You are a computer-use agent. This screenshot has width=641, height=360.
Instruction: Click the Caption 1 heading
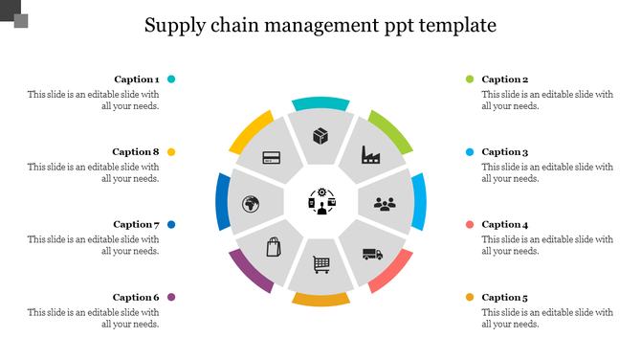tap(137, 79)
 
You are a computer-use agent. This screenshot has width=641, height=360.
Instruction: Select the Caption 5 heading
tap(504, 298)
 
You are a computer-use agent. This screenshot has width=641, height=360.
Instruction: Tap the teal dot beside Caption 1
tap(171, 79)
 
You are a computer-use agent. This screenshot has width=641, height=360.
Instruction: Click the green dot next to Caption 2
tap(470, 79)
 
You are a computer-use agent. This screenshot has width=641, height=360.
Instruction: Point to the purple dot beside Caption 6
tap(171, 298)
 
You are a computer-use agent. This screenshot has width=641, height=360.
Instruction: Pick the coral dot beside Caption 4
tap(470, 225)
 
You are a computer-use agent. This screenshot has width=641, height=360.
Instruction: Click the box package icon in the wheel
tap(320, 136)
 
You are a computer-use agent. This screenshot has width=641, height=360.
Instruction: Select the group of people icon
tap(385, 204)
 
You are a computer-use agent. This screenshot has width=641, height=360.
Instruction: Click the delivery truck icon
tap(372, 254)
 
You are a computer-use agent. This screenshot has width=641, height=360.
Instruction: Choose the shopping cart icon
tap(321, 262)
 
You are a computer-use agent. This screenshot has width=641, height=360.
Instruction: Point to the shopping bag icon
tap(274, 247)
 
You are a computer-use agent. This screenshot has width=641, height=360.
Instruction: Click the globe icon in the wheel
tap(252, 204)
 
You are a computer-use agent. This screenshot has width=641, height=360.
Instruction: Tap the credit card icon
tap(271, 156)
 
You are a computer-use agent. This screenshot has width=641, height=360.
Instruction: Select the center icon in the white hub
tap(320, 202)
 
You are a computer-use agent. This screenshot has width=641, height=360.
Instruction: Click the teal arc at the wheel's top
tap(320, 103)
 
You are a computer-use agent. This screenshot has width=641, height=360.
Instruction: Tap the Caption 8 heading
tap(136, 152)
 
